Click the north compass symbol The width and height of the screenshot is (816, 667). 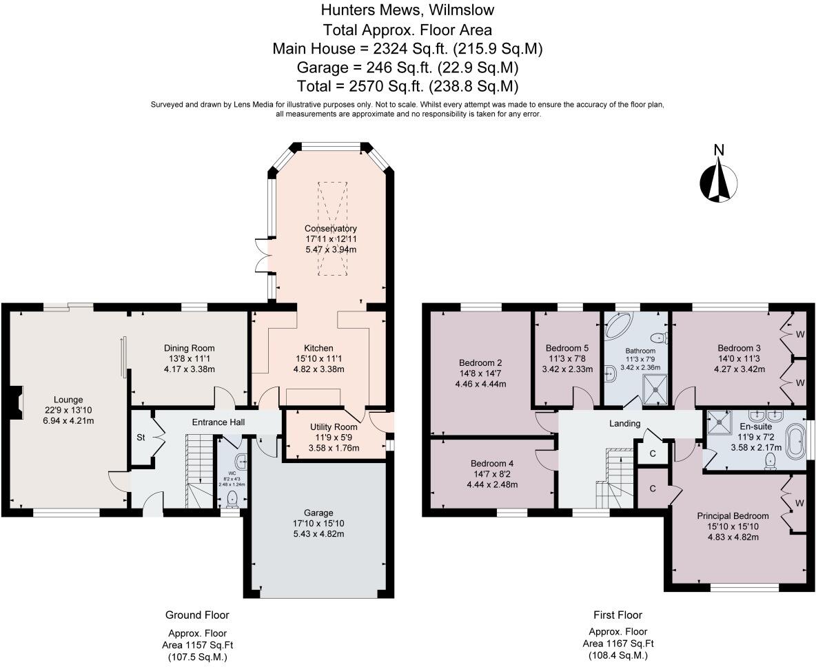click(719, 179)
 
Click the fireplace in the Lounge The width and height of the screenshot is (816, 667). click(19, 399)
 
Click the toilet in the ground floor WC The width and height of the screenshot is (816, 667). click(233, 497)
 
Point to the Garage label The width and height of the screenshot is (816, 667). click(318, 513)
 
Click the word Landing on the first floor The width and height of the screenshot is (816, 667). click(625, 423)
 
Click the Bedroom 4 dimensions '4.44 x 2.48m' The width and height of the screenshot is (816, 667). click(493, 484)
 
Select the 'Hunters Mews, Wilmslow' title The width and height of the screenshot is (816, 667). click(407, 10)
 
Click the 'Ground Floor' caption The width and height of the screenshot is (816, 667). click(197, 615)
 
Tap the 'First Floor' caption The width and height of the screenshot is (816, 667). click(618, 615)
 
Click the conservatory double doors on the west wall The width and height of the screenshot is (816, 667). click(262, 255)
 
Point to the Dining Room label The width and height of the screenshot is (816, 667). click(189, 348)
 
